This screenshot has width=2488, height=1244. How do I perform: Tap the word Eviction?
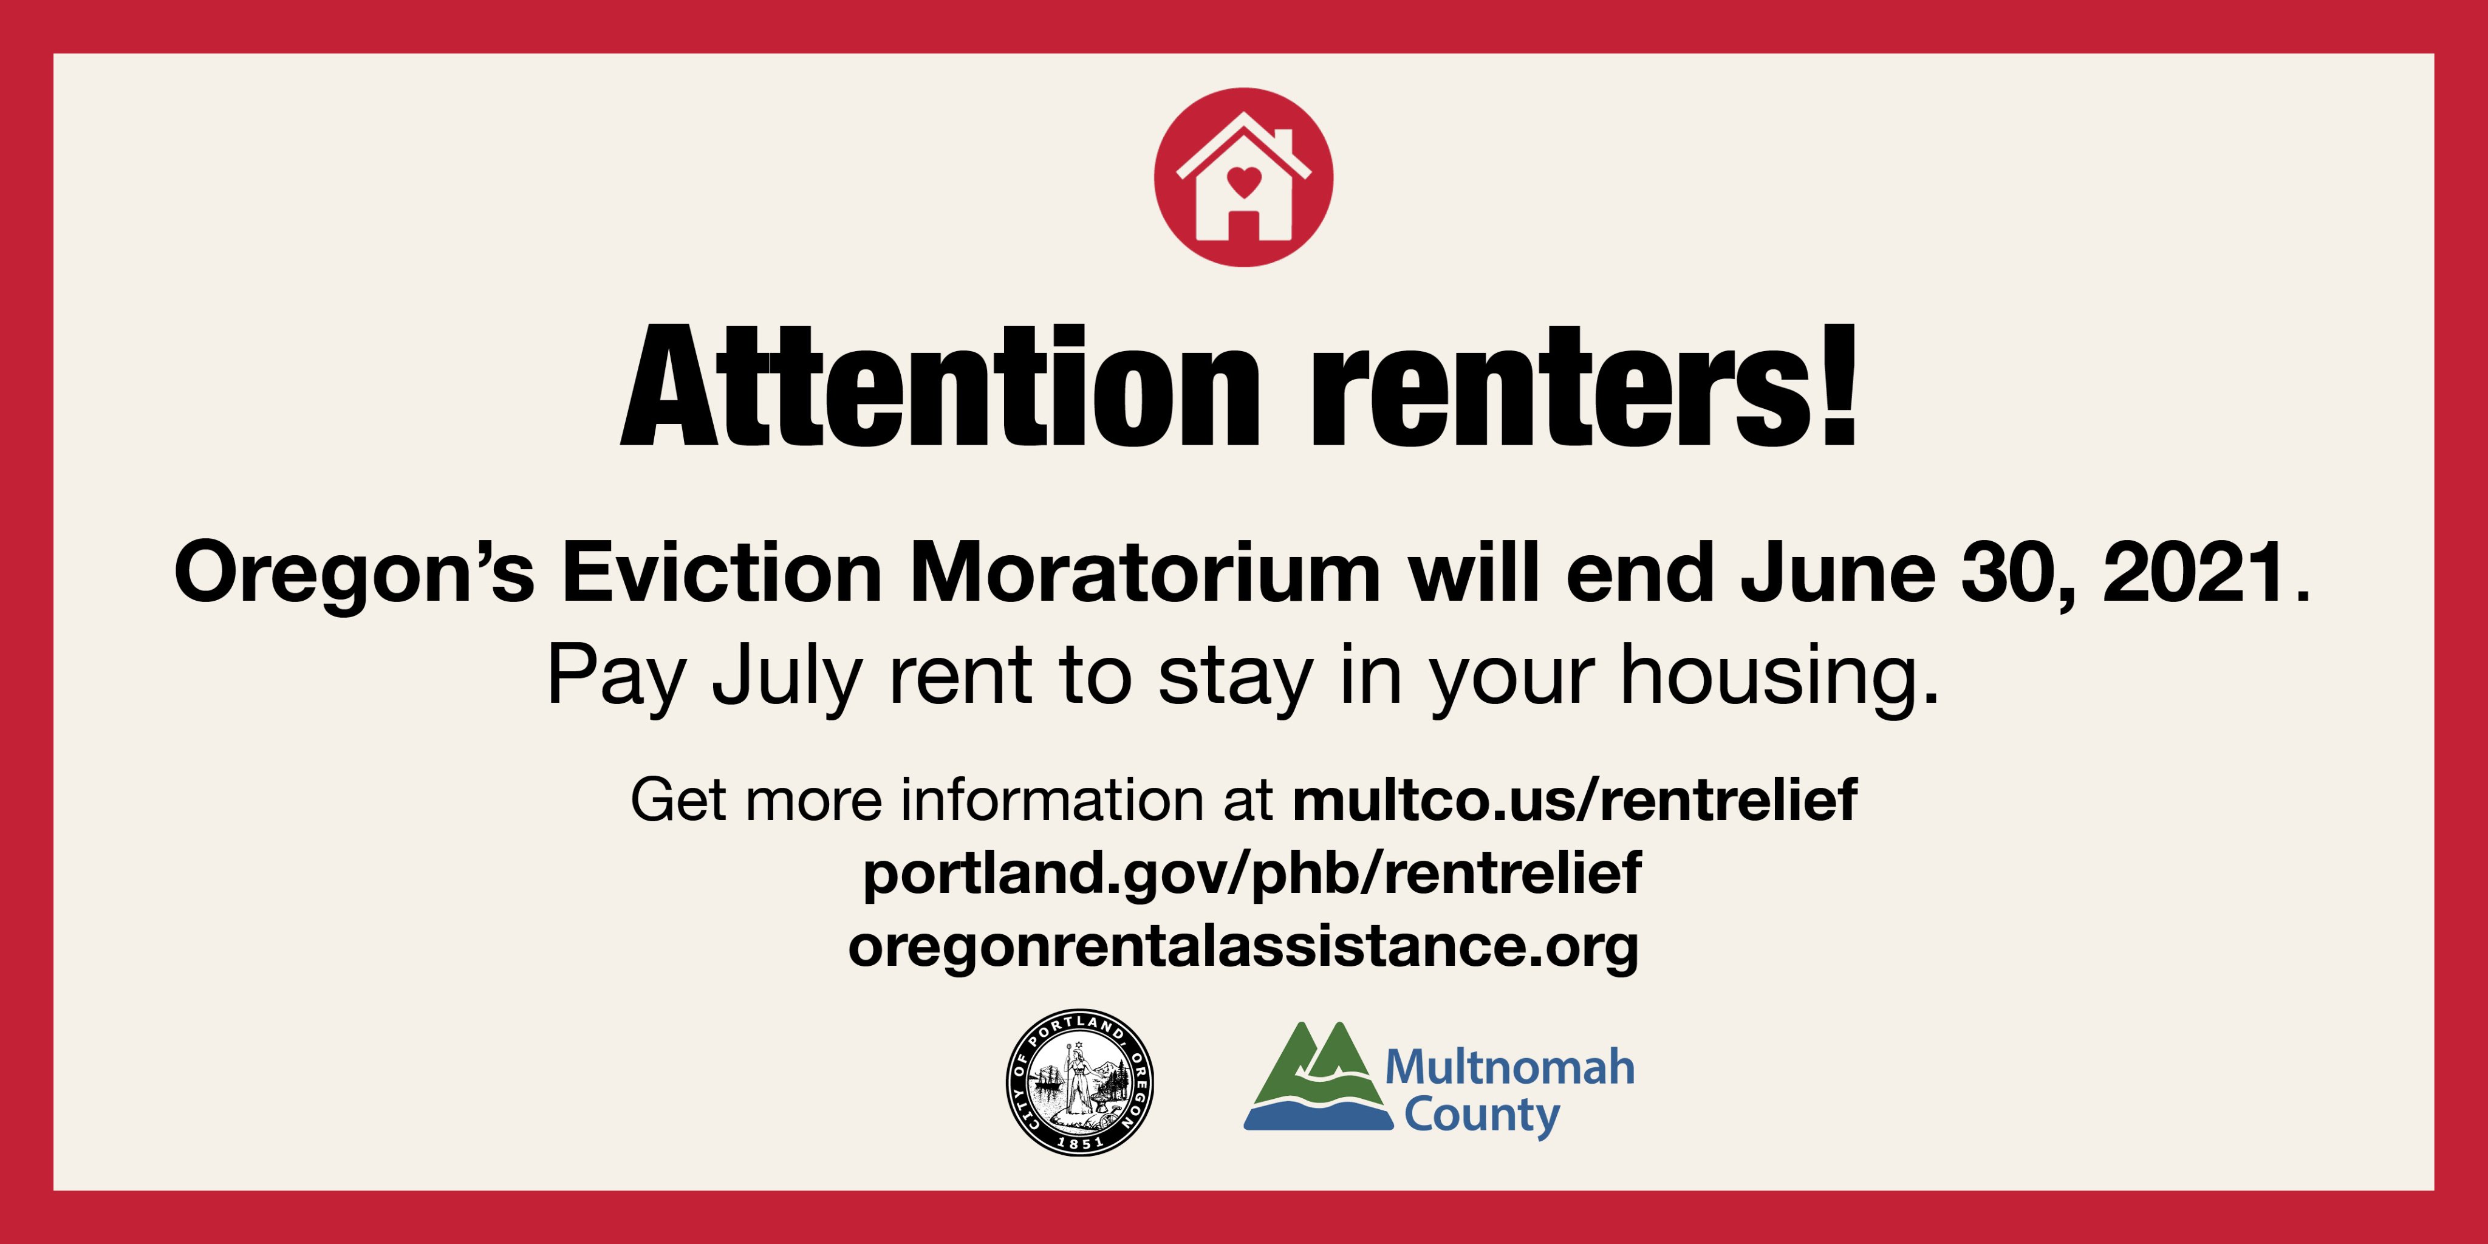722,573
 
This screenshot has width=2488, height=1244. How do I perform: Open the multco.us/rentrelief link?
1574,800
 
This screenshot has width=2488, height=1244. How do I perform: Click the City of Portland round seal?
1080,1082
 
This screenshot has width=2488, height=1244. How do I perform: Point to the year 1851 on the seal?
1080,1143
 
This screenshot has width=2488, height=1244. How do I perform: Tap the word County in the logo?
1482,1116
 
